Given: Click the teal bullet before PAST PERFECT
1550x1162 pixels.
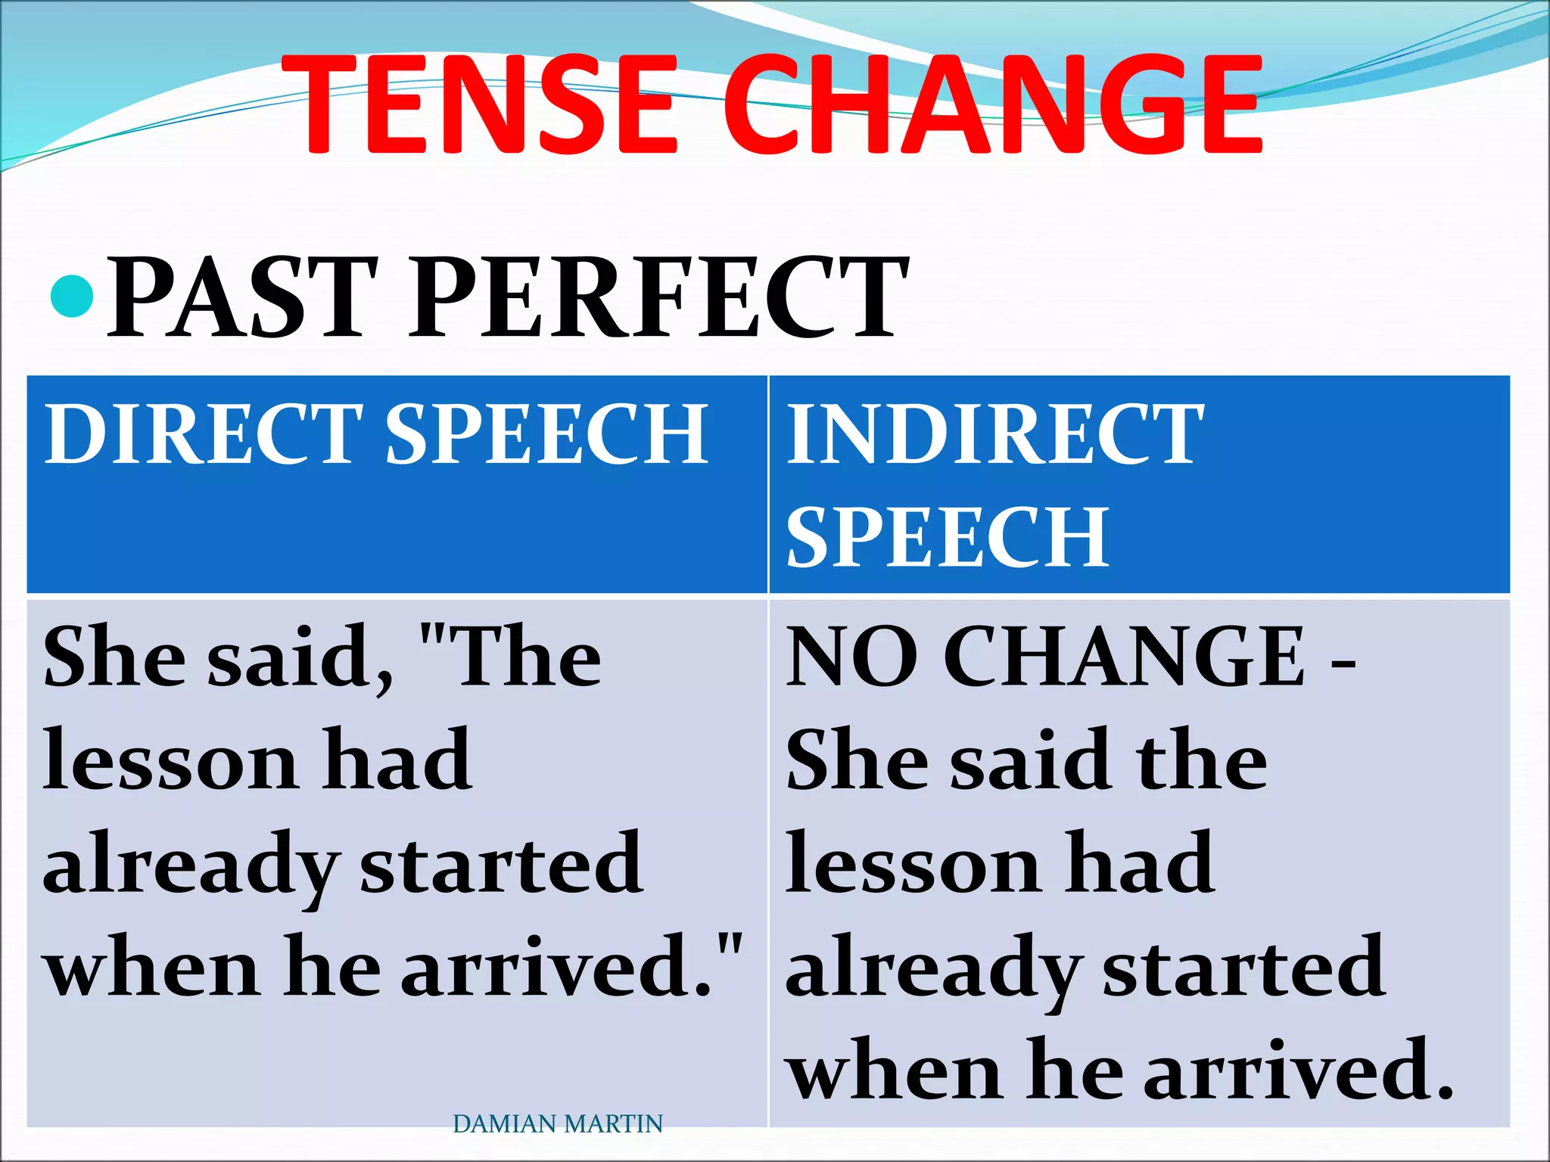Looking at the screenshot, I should [72, 297].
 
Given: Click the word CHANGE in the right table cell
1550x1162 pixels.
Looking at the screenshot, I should [1124, 657].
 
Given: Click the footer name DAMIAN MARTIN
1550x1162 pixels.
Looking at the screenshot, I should [557, 1124].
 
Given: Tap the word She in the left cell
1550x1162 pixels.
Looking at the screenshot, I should [114, 657].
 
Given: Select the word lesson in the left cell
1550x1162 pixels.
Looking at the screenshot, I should [170, 761].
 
